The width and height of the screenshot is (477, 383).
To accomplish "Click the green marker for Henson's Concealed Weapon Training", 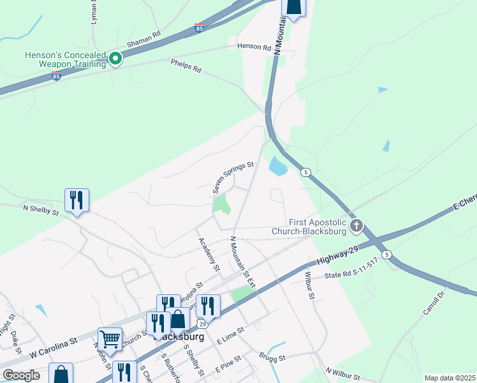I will (115, 59).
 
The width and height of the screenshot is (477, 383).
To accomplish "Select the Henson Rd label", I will (249, 46).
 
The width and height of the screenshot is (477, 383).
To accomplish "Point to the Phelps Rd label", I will (186, 65).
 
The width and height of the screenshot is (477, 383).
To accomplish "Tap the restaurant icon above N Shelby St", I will (77, 200).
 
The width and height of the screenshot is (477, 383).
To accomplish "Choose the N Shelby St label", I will (41, 208).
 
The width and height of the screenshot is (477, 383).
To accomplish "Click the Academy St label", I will (209, 254).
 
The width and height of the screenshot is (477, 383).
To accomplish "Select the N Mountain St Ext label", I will (242, 262).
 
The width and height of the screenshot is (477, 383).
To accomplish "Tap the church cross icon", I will (356, 225).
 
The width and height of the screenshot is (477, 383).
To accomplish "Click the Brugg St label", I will (274, 359).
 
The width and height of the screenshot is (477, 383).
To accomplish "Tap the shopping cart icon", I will (110, 338).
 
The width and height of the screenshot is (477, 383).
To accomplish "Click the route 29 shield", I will (201, 325).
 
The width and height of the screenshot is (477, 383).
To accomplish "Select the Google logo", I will (22, 375).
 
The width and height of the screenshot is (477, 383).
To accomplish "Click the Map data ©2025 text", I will (449, 378).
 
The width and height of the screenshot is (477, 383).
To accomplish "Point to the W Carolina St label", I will (54, 350).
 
